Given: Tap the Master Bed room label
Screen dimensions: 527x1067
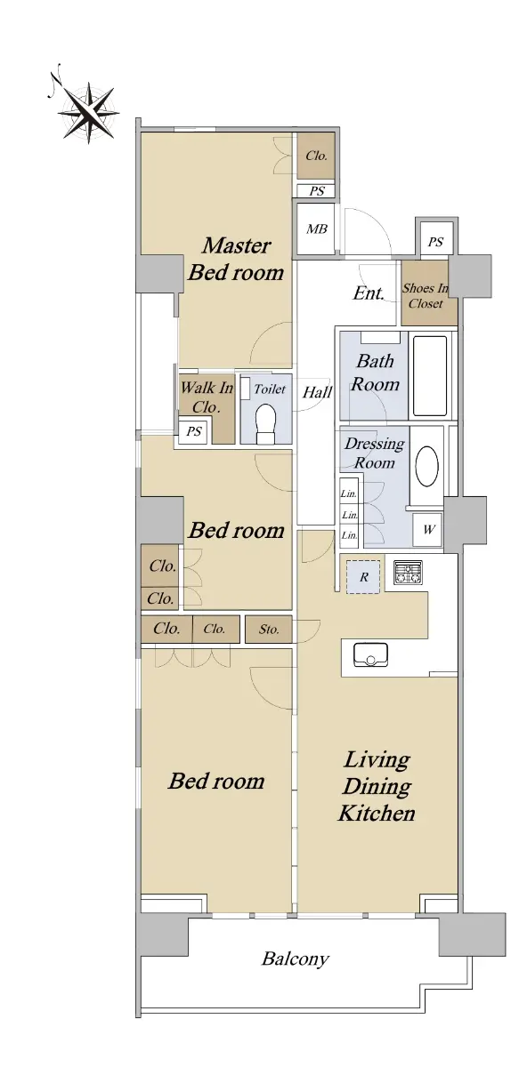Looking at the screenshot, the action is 236,259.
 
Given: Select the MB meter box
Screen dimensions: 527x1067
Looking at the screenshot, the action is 316,229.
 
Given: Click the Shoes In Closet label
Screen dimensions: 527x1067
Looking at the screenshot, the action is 426,296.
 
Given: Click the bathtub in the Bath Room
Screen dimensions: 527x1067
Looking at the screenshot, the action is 430,376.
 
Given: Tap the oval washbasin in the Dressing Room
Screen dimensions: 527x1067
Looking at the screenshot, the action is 426,466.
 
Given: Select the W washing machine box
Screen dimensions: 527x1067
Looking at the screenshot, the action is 428,530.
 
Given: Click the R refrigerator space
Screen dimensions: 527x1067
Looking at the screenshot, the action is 363,577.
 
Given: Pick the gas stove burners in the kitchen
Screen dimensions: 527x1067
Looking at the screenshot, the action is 409,573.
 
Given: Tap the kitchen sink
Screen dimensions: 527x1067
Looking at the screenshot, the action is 370,654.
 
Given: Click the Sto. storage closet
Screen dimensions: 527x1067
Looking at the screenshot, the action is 269,630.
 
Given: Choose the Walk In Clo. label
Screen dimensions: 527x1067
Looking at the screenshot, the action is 207,397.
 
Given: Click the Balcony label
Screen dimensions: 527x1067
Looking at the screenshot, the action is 296,959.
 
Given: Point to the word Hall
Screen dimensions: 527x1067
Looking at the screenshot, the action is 318,392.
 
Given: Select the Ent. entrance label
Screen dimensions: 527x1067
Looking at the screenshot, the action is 369,293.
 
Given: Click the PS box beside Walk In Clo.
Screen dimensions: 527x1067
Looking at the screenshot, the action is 193,432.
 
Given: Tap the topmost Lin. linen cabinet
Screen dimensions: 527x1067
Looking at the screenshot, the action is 349,494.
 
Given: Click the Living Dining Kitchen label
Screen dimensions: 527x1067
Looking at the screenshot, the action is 377,786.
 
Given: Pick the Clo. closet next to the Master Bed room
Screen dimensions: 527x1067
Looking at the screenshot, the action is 316,156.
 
